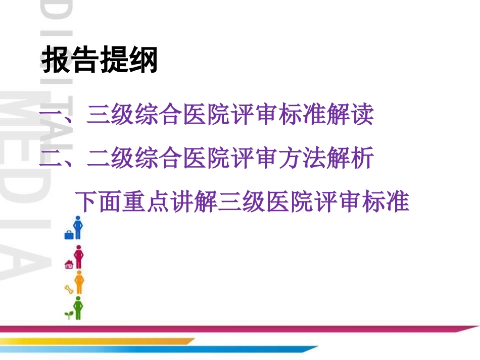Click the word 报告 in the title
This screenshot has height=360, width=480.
pyautogui.click(x=70, y=61)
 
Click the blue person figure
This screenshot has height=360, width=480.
pyautogui.click(x=78, y=228)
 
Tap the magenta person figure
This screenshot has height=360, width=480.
pyautogui.click(x=78, y=256)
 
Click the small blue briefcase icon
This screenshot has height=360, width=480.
pyautogui.click(x=69, y=234)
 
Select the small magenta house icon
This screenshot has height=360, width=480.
pyautogui.click(x=69, y=264)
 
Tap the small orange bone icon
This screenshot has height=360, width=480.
pyautogui.click(x=69, y=289)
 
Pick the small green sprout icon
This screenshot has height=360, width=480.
pyautogui.click(x=68, y=315)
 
